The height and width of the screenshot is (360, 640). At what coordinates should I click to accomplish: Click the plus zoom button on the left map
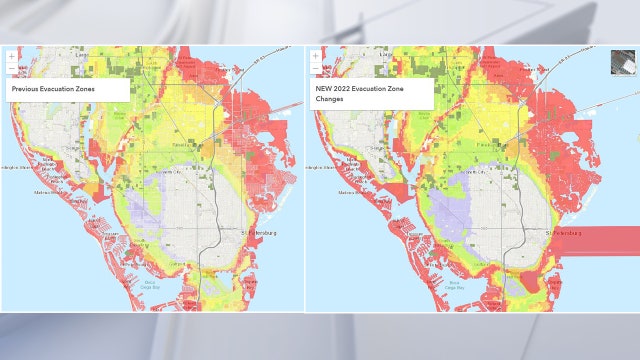12,56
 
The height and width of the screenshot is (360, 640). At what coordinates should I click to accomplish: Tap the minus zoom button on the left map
12,68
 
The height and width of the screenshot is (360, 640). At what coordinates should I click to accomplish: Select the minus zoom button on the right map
316,68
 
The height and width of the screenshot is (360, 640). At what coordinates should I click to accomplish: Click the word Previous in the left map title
29,89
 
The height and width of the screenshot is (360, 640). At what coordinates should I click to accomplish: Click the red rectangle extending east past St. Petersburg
605,240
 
